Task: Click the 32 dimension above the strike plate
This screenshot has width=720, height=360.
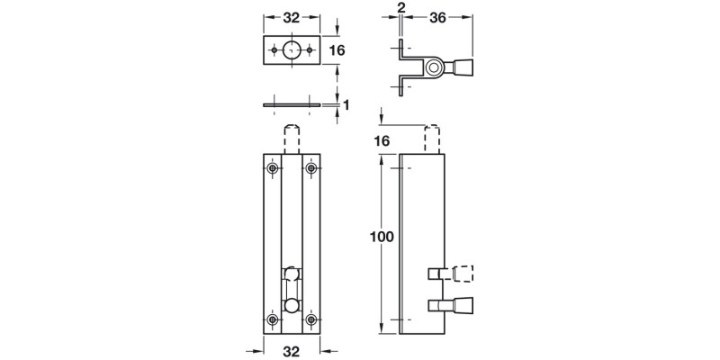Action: coord(291,16)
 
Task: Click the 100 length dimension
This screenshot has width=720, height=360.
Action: coord(382,238)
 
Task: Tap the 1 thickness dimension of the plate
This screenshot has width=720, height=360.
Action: coord(346,105)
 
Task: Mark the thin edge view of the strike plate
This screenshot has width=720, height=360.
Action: coord(291,105)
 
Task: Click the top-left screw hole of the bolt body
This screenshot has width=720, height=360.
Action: coord(272,168)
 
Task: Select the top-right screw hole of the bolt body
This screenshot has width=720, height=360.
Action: coord(310,168)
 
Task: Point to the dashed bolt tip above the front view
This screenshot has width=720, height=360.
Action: coord(291,139)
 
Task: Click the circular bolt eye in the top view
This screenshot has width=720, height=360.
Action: coord(435,66)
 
